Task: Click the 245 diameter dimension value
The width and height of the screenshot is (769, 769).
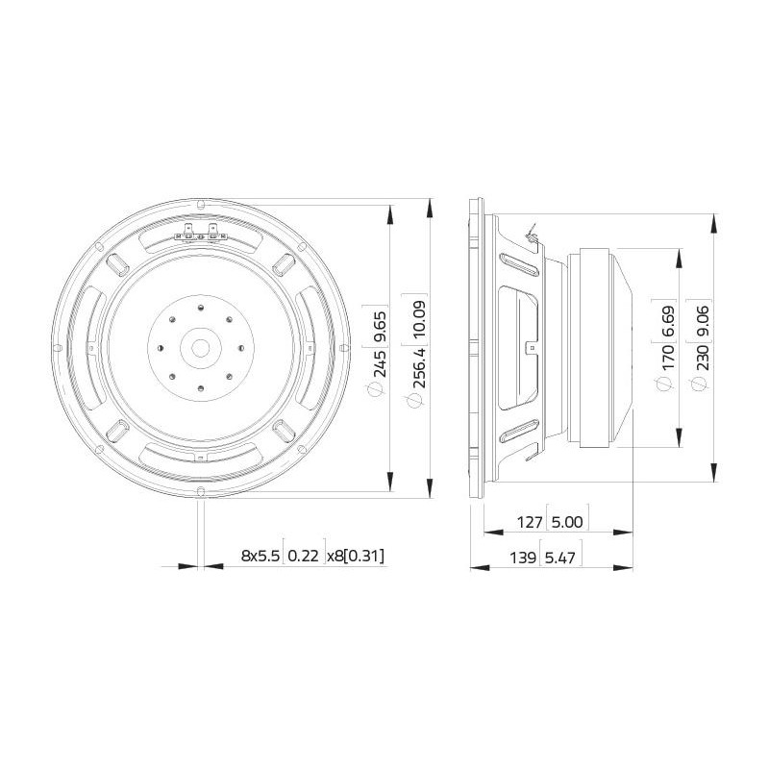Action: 380,362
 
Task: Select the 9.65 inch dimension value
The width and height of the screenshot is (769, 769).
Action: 380,326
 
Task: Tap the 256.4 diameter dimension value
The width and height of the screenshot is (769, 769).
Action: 420,367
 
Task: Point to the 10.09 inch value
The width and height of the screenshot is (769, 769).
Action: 420,319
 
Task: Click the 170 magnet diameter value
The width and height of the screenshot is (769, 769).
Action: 668,357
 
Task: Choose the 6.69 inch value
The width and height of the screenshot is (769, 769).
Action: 668,322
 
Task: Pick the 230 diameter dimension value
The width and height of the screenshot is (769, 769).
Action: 703,357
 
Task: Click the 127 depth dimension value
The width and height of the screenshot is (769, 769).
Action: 530,522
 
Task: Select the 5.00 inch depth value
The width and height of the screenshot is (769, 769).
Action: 567,522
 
